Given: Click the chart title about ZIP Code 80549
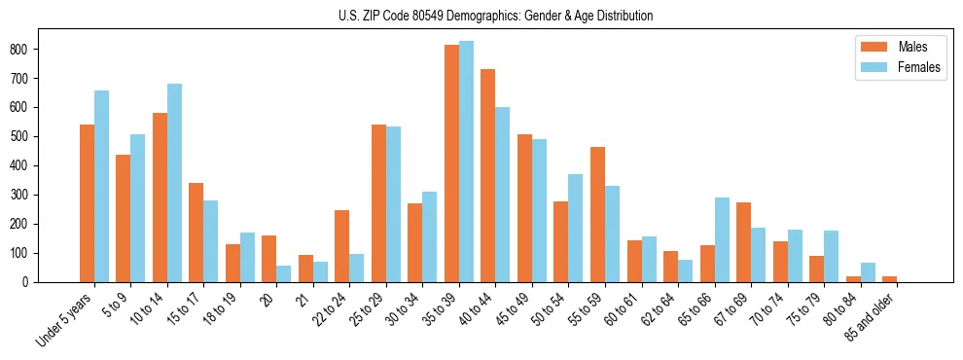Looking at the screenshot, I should pyautogui.click(x=481, y=16).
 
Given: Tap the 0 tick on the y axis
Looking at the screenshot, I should pyautogui.click(x=31, y=282).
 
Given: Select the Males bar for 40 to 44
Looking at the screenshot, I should pyautogui.click(x=488, y=175).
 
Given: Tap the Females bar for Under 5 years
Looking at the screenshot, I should pyautogui.click(x=101, y=186).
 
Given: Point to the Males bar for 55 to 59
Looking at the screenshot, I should pyautogui.click(x=597, y=214).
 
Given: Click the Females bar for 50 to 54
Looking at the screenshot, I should pyautogui.click(x=576, y=228).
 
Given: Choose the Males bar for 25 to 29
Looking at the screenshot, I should pyautogui.click(x=378, y=203).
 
